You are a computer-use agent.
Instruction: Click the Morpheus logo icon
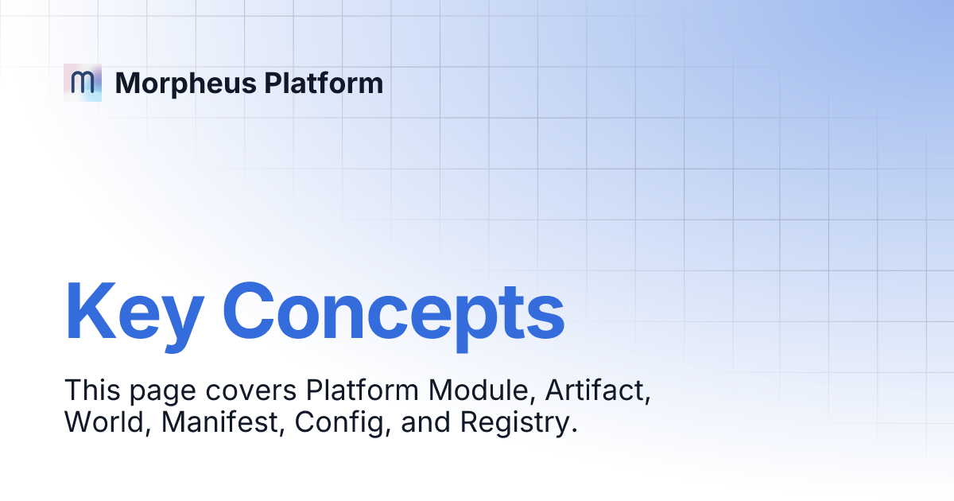(83, 83)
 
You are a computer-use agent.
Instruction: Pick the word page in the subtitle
(149, 392)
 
